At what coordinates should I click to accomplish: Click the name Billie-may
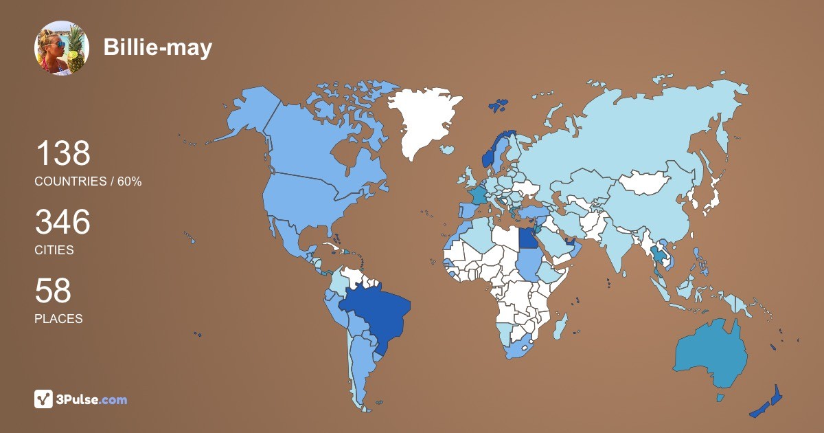(157, 47)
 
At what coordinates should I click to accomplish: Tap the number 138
(62, 153)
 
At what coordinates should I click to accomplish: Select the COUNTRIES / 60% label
(88, 181)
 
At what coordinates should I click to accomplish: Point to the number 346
(62, 222)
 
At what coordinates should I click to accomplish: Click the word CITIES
(54, 250)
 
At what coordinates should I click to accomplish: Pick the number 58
(53, 291)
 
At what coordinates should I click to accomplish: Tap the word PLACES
(58, 319)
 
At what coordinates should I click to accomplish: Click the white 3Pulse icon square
(44, 399)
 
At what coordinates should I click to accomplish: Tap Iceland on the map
(448, 149)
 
